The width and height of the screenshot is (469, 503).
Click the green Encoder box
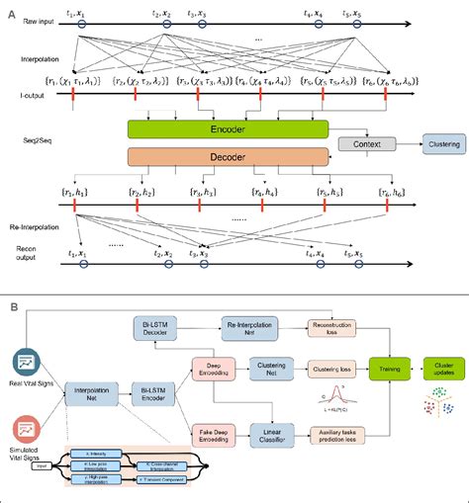point(228,128)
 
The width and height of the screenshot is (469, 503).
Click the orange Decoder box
point(228,155)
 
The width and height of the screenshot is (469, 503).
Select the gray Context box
point(365,143)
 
